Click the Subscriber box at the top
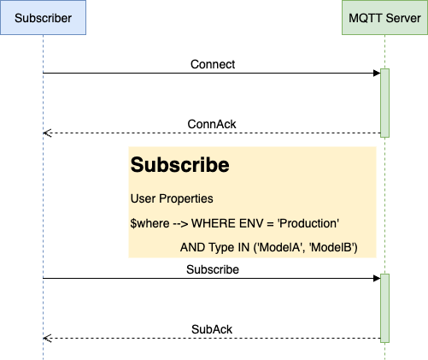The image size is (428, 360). (x=43, y=18)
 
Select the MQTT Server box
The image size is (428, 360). (x=384, y=18)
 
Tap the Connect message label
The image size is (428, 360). (x=213, y=64)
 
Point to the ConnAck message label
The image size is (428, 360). (x=212, y=124)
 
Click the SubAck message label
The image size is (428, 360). (x=212, y=329)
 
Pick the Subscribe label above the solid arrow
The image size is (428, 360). (x=213, y=269)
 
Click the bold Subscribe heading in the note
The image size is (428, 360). (x=179, y=165)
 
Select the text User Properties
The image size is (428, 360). (x=172, y=198)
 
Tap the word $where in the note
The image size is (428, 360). (x=150, y=223)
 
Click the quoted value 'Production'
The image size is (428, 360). (x=308, y=223)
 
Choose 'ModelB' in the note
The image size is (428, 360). (x=331, y=247)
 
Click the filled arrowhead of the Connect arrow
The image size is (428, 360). (x=377, y=74)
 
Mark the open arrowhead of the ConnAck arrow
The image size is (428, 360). (x=47, y=133)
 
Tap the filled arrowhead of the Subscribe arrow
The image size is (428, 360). (x=377, y=279)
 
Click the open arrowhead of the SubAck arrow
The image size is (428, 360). (x=47, y=339)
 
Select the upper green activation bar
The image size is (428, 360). (x=384, y=103)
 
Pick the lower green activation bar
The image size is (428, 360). (x=384, y=308)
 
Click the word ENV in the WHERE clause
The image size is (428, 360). (x=251, y=223)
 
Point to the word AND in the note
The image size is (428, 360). (x=193, y=247)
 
